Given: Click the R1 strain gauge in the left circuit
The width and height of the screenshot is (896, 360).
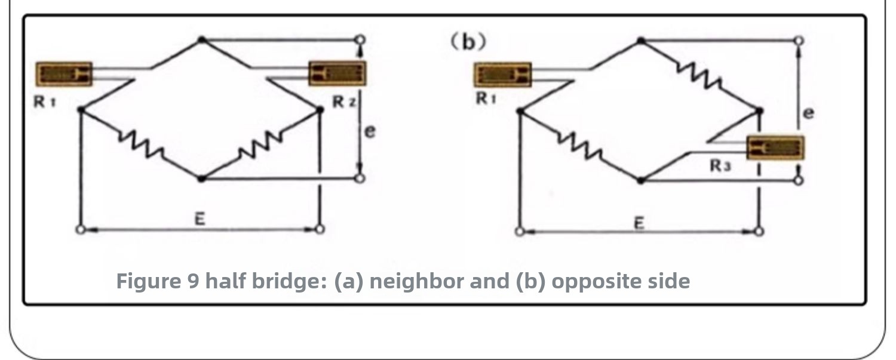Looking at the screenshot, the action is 64,74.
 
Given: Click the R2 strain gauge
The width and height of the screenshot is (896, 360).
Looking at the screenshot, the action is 337,73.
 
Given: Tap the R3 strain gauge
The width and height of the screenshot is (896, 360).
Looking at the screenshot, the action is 775,148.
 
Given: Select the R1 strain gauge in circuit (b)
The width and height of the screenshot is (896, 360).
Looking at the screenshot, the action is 503,75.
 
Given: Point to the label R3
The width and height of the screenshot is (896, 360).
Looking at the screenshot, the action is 720,165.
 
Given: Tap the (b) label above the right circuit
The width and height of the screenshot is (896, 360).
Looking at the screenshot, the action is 468,42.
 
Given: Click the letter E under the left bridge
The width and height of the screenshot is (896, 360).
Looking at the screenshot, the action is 200,219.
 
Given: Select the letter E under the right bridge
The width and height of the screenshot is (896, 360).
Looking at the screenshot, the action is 639,223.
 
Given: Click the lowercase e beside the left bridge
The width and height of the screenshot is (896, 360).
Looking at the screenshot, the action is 370,131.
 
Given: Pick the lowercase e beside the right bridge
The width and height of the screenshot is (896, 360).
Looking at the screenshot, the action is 808,113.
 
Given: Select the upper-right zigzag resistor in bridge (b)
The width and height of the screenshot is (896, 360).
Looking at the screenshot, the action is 699,76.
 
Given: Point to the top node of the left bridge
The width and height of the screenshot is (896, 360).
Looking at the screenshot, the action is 202,39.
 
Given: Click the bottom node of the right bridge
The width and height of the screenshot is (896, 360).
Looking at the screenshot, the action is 641,181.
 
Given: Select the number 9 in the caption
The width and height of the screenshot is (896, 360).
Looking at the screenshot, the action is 193,281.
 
